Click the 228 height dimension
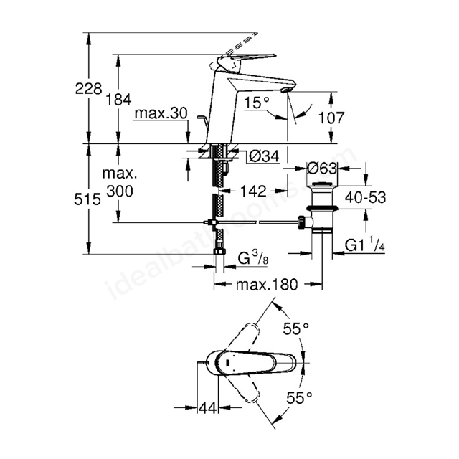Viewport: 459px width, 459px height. [88, 89]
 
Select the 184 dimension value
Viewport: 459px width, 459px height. [118, 100]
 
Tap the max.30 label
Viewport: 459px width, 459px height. [161, 113]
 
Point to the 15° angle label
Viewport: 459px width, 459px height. [257, 103]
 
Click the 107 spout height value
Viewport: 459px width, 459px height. [331, 118]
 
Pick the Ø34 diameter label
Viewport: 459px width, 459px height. [264, 156]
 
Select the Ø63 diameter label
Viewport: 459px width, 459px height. [322, 169]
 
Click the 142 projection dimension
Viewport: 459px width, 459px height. [253, 191]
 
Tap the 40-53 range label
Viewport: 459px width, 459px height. [365, 198]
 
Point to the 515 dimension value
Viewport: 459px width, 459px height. [87, 199]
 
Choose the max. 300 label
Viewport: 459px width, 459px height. [120, 183]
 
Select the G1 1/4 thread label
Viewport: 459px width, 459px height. [364, 245]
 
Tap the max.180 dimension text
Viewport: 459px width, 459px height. [267, 284]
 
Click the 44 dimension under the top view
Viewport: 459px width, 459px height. [208, 408]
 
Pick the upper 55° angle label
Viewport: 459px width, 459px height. [296, 329]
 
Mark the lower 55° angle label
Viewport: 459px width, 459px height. [299, 397]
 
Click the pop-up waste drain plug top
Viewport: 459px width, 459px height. [322, 184]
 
